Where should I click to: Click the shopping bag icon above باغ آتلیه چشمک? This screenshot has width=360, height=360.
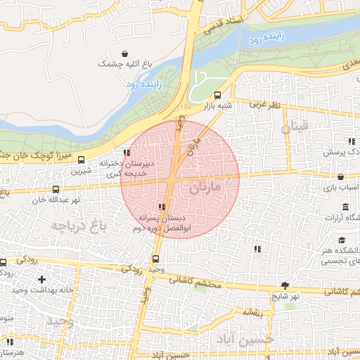(x=124, y=53)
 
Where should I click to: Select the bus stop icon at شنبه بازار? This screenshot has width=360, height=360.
(x=217, y=95)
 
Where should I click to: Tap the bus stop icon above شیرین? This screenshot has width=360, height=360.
(x=82, y=160)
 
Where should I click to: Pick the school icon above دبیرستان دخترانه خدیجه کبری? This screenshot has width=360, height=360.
(x=127, y=153)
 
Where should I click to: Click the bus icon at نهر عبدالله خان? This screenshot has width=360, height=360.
(x=56, y=188)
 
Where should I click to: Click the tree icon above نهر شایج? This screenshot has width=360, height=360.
(x=285, y=285)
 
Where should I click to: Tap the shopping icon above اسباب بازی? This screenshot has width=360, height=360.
(x=341, y=177)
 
